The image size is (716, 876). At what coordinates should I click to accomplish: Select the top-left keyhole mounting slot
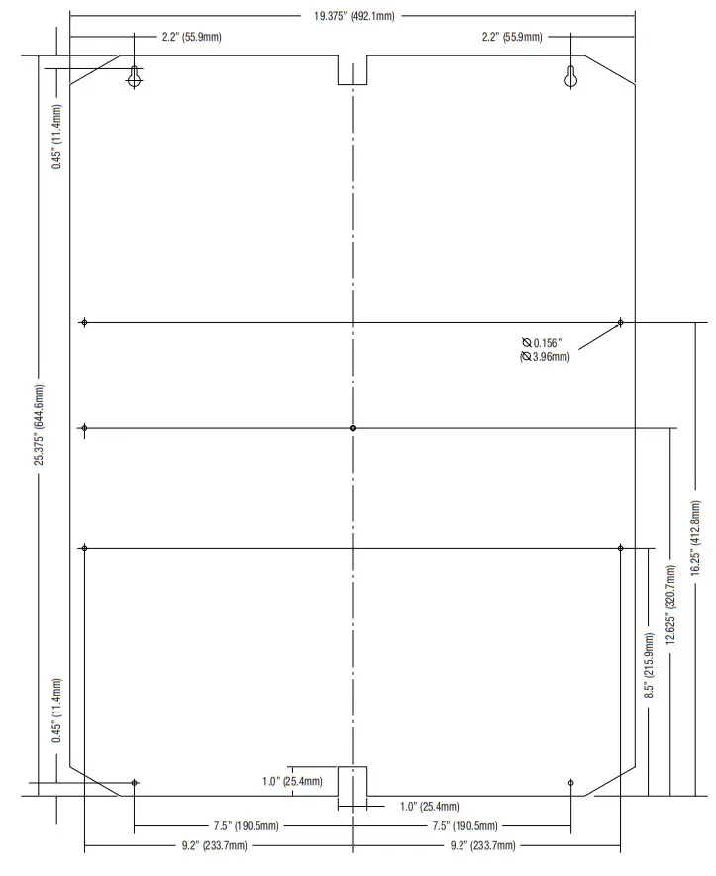tap(135, 78)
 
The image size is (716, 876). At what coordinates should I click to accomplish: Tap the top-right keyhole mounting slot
tap(570, 78)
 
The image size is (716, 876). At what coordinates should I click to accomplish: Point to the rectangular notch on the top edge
tap(353, 69)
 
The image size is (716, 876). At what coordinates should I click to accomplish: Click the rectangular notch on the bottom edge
tap(353, 780)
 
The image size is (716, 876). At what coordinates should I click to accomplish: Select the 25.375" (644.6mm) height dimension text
tap(40, 425)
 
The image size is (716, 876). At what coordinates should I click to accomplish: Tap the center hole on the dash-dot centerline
tap(353, 428)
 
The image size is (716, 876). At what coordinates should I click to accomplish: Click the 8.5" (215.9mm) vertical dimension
tap(650, 666)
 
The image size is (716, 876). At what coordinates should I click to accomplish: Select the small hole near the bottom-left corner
tap(135, 783)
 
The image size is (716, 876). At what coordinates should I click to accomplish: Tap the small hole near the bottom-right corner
tap(570, 783)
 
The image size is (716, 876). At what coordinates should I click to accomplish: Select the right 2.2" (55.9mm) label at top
tap(511, 37)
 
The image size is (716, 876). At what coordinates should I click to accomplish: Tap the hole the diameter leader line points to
tap(620, 322)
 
